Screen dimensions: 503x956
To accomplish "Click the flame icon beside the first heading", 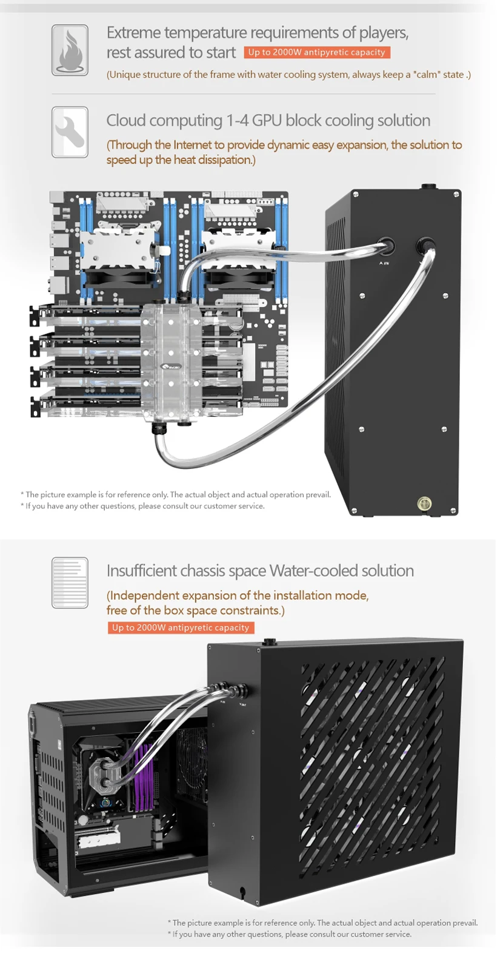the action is [70, 50].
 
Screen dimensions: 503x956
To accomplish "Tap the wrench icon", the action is [70, 132].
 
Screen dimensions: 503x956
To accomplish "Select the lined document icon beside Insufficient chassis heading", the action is [70, 582].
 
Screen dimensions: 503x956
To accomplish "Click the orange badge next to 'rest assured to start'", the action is [317, 52].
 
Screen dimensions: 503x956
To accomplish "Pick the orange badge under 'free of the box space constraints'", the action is [181, 628].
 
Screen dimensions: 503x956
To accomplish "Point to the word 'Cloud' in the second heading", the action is [125, 120].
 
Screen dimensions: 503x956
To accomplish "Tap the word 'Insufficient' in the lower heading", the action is [135, 571].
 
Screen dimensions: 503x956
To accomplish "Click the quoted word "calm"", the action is [427, 75].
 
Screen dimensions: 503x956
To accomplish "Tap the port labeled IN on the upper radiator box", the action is [385, 247].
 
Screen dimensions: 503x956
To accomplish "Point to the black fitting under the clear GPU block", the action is [159, 429].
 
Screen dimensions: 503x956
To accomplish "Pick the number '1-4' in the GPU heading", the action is [238, 120].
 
